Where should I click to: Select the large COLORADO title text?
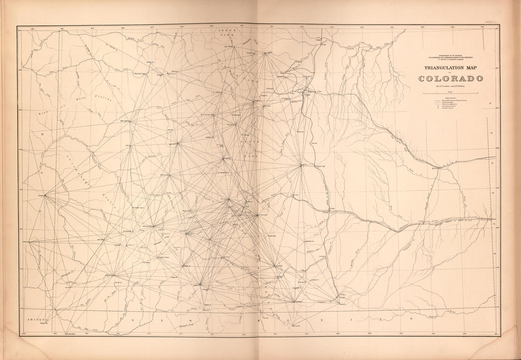pyautogui.click(x=450, y=78)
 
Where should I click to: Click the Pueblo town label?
pyautogui.click(x=332, y=207)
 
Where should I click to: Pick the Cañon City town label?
pyautogui.click(x=295, y=194)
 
